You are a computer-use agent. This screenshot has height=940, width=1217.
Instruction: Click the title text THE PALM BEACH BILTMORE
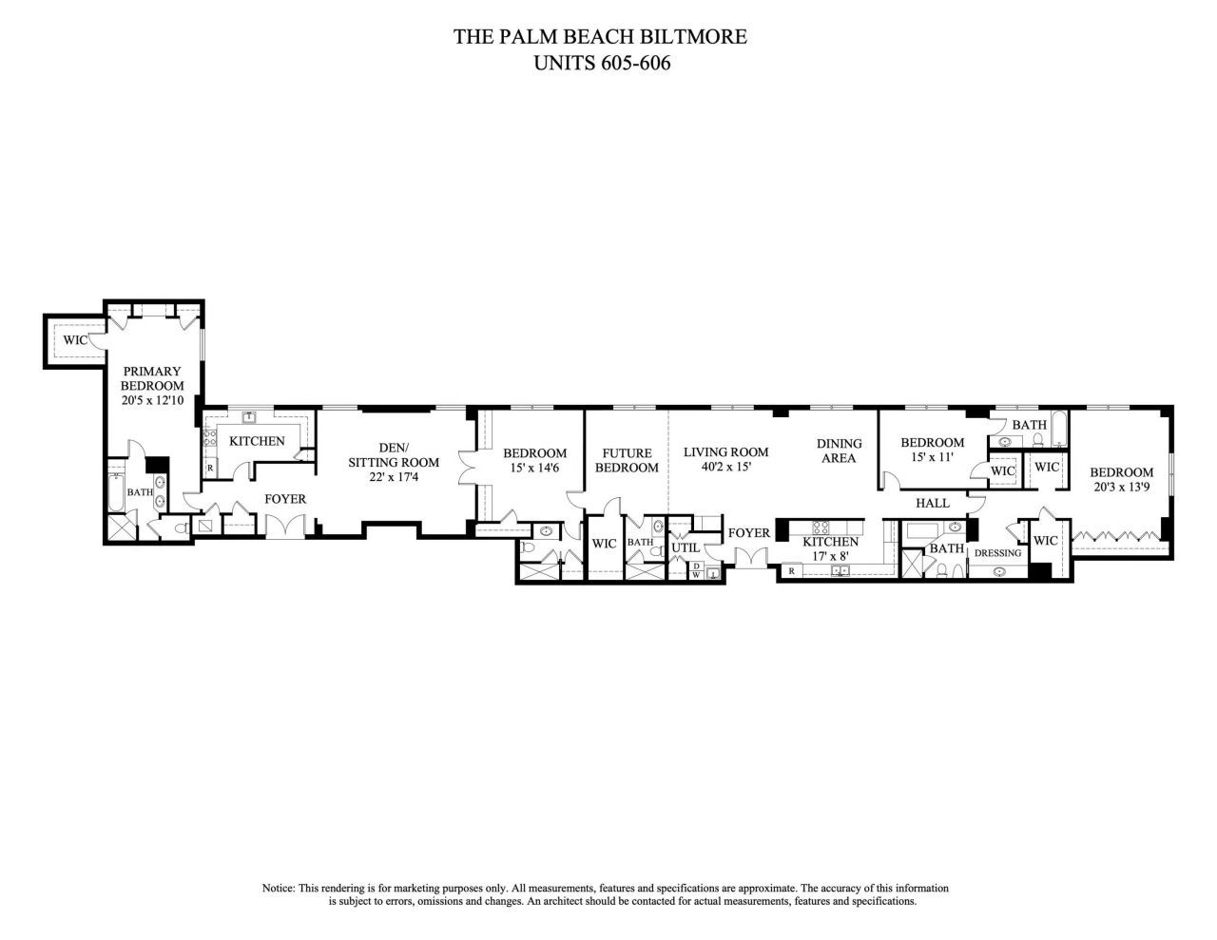600,37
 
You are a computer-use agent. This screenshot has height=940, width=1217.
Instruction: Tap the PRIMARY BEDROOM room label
151,378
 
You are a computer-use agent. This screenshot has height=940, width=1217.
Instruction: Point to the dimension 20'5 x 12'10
151,401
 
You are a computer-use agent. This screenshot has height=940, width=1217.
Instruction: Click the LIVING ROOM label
725,451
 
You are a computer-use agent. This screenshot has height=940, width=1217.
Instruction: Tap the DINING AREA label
839,451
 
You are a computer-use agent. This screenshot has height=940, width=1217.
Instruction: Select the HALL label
933,503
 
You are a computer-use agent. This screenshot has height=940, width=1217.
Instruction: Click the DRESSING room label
997,553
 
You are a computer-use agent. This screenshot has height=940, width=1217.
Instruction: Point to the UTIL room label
685,548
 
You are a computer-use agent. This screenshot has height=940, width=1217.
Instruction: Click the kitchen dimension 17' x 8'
830,555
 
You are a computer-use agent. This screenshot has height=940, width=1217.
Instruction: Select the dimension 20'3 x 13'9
1121,488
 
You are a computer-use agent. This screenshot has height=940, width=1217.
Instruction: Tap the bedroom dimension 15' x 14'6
534,469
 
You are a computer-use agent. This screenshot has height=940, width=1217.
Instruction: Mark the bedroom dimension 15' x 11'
932,457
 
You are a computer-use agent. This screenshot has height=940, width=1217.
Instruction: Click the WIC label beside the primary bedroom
76,339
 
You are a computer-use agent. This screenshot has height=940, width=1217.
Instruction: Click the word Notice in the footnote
279,888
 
